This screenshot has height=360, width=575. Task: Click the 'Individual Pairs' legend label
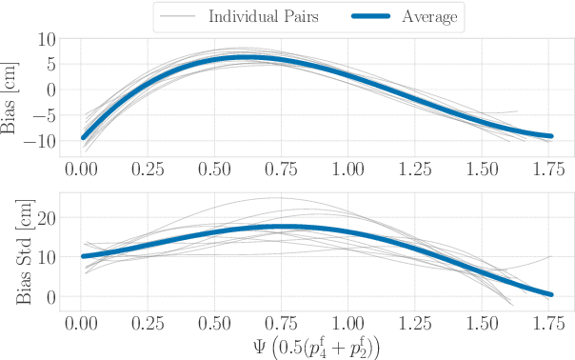pos(264,17)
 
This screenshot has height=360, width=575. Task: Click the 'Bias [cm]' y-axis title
pos(11,90)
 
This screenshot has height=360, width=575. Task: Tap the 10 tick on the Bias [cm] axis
pos(46,39)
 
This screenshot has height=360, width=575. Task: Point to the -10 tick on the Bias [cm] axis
pos(41,141)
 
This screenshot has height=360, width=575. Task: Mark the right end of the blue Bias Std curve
pos(549,294)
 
